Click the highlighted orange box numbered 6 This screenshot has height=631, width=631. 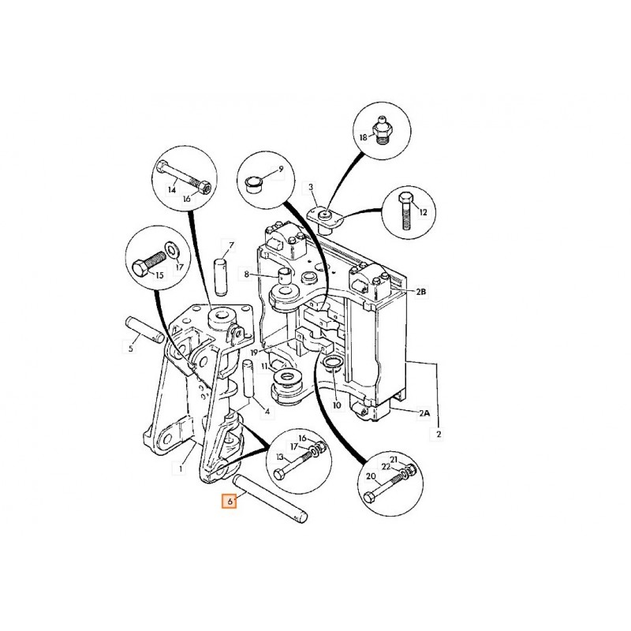pyautogui.click(x=230, y=502)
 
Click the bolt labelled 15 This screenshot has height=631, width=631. pyautogui.click(x=147, y=262)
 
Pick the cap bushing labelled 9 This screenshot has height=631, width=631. pyautogui.click(x=252, y=185)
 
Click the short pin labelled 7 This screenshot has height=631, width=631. pyautogui.click(x=221, y=277)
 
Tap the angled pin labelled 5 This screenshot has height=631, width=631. pyautogui.click(x=144, y=330)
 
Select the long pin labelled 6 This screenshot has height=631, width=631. pyautogui.click(x=271, y=497)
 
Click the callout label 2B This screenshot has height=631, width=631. pyautogui.click(x=421, y=291)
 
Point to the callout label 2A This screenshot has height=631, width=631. pyautogui.click(x=424, y=413)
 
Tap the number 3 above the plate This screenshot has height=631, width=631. pyautogui.click(x=311, y=187)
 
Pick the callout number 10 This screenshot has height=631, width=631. pyautogui.click(x=337, y=405)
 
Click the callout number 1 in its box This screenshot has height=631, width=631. pyautogui.click(x=181, y=468)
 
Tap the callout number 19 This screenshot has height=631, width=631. pyautogui.click(x=254, y=353)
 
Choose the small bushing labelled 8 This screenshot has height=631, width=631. pyautogui.click(x=286, y=276)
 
